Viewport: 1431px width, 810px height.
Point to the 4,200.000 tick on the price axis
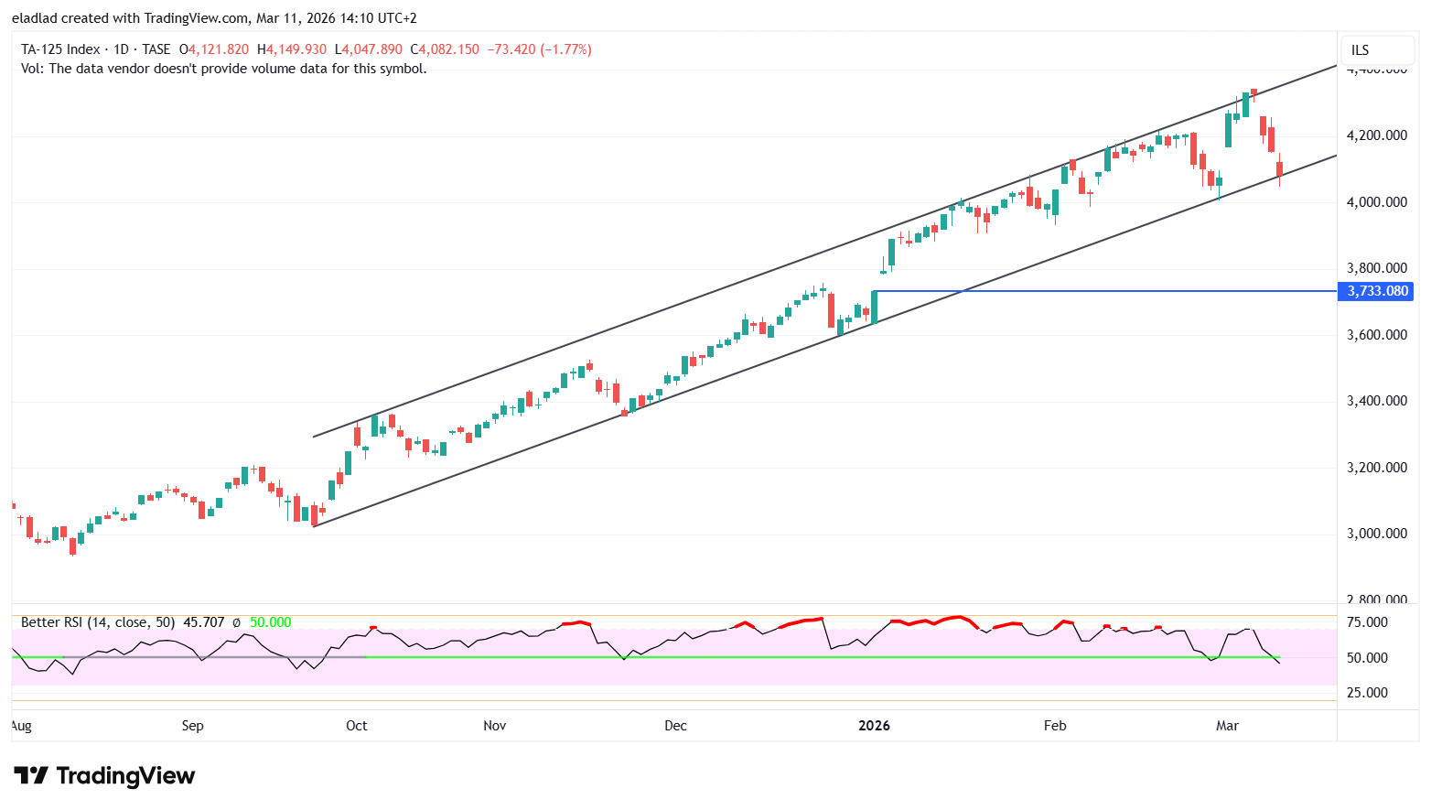[x=1376, y=135]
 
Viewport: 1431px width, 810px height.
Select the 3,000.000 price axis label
[x=1376, y=534]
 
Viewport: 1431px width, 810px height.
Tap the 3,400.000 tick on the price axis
[x=1376, y=401]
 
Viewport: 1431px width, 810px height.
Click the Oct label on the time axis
[x=356, y=726]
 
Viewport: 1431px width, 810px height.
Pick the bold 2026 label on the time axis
[x=874, y=726]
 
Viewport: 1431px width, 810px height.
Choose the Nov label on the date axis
[x=494, y=726]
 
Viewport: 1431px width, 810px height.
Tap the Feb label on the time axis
[x=1055, y=726]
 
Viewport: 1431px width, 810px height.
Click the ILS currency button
[x=1361, y=50]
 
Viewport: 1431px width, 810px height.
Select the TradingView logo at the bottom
[x=104, y=776]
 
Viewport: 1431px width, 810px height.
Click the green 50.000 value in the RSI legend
[x=270, y=622]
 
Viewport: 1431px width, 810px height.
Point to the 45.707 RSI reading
[x=203, y=622]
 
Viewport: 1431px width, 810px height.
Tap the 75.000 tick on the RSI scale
[x=1369, y=622]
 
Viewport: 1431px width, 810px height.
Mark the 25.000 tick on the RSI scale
[x=1369, y=693]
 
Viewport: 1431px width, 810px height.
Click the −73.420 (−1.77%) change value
[x=538, y=49]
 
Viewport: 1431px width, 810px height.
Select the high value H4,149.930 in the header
[x=292, y=49]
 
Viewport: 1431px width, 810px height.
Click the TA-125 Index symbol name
[x=59, y=49]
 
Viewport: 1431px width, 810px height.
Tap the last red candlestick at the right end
[x=1279, y=169]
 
